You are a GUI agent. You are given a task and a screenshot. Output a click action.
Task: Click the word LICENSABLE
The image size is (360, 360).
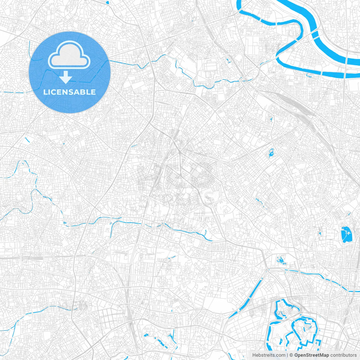tap(69, 92)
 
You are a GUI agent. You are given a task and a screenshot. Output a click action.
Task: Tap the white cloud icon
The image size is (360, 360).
tap(69, 55)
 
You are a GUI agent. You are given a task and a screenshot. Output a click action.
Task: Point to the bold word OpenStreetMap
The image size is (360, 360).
tap(312, 355)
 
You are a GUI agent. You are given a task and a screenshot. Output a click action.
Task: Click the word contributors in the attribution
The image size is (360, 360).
tap(343, 355)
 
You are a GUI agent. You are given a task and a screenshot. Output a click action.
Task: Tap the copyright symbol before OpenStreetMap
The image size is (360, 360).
tap(291, 355)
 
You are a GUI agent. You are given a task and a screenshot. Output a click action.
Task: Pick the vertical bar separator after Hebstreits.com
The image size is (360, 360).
tap(287, 355)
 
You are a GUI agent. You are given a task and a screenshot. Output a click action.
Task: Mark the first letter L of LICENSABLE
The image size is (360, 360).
tap(45, 92)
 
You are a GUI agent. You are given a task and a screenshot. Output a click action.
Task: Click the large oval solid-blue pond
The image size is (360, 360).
tap(346, 234)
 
